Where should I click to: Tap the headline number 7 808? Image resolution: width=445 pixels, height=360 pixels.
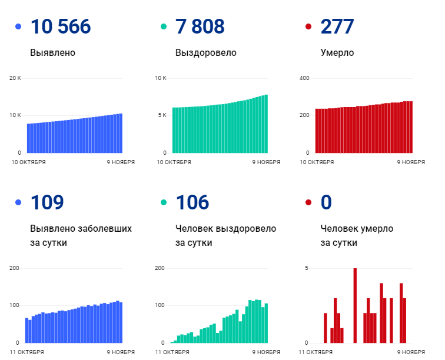(200, 26)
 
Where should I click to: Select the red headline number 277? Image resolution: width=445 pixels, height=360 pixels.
(337, 26)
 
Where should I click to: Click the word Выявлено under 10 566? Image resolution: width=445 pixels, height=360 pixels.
(52, 52)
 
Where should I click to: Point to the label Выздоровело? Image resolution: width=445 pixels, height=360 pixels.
(205, 52)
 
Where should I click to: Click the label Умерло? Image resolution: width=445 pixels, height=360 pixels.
(337, 52)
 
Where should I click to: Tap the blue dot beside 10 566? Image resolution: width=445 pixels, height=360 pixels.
(18, 27)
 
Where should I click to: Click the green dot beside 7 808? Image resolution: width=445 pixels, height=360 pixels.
(164, 27)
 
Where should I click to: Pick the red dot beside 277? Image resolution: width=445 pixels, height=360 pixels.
(308, 27)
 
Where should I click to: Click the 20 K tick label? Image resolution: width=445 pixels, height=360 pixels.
(15, 78)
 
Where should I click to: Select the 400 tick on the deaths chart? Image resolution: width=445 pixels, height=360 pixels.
(304, 78)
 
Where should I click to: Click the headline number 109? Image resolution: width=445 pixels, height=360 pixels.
(47, 202)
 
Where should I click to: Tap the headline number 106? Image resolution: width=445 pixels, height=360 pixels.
(192, 202)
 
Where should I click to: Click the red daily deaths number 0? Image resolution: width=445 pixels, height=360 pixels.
(326, 202)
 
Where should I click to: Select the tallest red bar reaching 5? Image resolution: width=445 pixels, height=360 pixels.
(355, 305)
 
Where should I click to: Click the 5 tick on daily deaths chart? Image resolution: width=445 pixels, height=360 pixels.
(307, 268)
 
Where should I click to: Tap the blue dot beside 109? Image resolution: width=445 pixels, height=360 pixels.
(18, 203)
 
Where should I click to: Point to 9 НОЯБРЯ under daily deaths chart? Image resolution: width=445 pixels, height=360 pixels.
(411, 352)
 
